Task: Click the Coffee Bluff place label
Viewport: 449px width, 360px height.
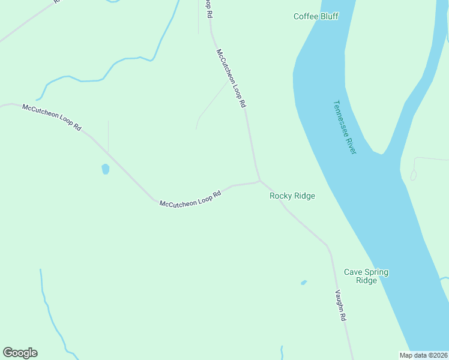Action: pos(316,16)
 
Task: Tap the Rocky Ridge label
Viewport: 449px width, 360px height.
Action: pos(292,196)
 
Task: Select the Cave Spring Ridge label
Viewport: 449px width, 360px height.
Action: pos(366,276)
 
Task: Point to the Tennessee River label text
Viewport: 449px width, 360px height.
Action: pos(344,127)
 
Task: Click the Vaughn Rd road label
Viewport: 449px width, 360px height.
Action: pos(340,306)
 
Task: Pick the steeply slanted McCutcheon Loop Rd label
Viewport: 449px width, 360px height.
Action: pos(231,79)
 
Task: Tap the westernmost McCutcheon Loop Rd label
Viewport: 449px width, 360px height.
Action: pos(52,118)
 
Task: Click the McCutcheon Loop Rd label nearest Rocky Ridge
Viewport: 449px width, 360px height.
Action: pos(190,199)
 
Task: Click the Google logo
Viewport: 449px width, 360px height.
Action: pos(20,353)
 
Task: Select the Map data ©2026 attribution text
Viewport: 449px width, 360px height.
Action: pos(423,355)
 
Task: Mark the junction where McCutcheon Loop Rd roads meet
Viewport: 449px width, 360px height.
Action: pos(259,180)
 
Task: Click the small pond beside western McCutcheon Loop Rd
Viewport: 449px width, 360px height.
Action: pos(106,169)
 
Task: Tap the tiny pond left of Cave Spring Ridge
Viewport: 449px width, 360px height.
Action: pos(304,282)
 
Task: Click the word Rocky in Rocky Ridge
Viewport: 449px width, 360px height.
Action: pos(280,196)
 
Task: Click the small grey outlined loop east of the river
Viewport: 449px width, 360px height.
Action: pos(413,175)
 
